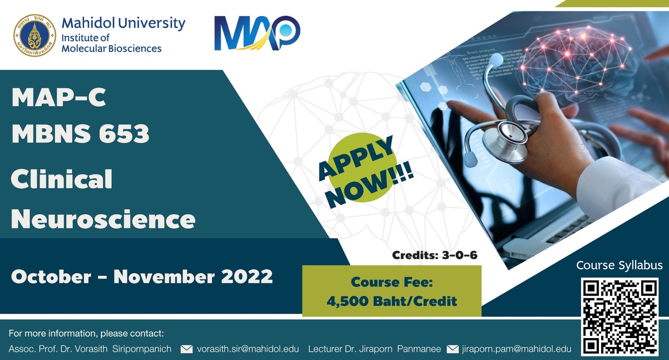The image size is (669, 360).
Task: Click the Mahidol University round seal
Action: pyautogui.click(x=34, y=35)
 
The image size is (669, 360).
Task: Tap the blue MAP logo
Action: pyautogui.click(x=257, y=33)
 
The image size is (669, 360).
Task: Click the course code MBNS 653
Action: pyautogui.click(x=80, y=133)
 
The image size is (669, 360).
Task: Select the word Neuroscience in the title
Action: pyautogui.click(x=103, y=219)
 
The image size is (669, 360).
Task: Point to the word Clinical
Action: pyautogui.click(x=62, y=179)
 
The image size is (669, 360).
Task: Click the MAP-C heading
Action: pyautogui.click(x=59, y=97)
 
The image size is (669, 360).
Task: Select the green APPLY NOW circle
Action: pyautogui.click(x=363, y=168)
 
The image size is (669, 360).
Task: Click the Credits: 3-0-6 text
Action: pyautogui.click(x=434, y=255)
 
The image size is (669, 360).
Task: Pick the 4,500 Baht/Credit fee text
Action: pyautogui.click(x=392, y=301)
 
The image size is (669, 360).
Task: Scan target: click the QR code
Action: pyautogui.click(x=619, y=317)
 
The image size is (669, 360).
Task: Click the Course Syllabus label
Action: pyautogui.click(x=619, y=265)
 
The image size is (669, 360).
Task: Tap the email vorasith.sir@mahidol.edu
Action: pyautogui.click(x=248, y=349)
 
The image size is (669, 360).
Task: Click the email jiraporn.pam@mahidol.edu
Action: pyautogui.click(x=516, y=349)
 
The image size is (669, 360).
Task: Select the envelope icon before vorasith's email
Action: pyautogui.click(x=187, y=349)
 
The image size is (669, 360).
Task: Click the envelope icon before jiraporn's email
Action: pyautogui.click(x=453, y=349)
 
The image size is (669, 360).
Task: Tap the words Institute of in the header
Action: pyautogui.click(x=85, y=38)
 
